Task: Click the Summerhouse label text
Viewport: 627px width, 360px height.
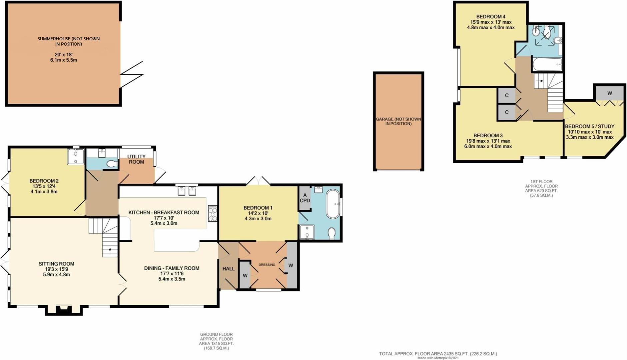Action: [x=69, y=41]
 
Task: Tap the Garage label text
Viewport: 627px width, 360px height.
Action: [x=398, y=121]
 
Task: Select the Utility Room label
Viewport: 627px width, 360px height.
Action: [x=137, y=159]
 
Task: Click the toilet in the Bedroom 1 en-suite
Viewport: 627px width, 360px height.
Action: [x=331, y=233]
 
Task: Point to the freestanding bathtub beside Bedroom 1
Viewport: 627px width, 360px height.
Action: [x=332, y=204]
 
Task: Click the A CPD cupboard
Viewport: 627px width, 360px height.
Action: [x=305, y=198]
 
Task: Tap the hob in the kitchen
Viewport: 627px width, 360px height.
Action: [x=213, y=213]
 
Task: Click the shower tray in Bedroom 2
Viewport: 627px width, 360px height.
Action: [x=76, y=157]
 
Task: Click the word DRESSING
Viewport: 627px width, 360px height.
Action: [x=267, y=265]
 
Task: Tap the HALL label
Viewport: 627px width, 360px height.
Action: [x=229, y=269]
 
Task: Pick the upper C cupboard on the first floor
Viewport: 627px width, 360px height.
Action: [x=506, y=96]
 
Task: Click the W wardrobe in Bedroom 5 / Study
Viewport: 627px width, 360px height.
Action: [x=609, y=93]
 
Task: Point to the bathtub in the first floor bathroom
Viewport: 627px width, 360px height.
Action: [x=547, y=64]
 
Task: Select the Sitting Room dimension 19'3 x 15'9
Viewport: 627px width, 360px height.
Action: [x=56, y=269]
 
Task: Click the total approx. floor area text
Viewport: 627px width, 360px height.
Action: [x=438, y=354]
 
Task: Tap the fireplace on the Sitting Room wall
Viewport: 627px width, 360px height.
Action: [x=63, y=310]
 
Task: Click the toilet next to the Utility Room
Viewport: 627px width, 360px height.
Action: [x=112, y=164]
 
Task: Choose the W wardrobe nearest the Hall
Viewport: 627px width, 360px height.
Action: [x=245, y=275]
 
